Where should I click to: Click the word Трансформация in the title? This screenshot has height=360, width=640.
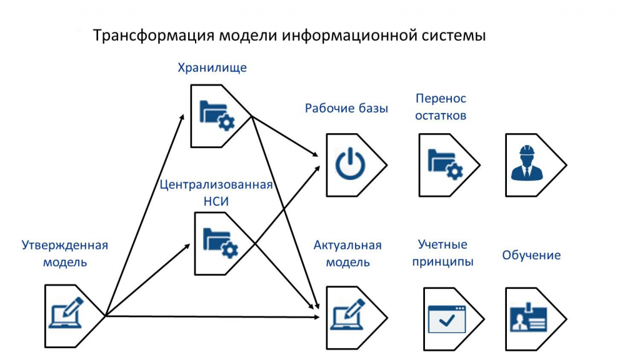coord(154,36)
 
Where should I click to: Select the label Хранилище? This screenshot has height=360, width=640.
coord(212,67)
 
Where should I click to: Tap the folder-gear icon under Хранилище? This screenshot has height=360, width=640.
coord(217,116)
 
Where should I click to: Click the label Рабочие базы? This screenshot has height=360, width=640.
coord(346,108)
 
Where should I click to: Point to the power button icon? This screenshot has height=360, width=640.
coord(350,164)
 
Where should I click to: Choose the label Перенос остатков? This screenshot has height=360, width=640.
coord(441,107)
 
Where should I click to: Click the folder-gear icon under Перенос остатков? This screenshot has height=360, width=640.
coord(445,164)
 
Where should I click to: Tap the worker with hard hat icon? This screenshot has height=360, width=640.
coord(527,162)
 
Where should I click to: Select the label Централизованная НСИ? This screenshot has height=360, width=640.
coord(216,192)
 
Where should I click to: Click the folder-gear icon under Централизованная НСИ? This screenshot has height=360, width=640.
coord(221,243)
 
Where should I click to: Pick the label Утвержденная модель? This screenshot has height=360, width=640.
coord(65,254)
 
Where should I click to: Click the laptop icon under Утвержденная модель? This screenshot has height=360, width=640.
coord(66,313)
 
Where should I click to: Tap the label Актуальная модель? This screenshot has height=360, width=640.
coord(347,254)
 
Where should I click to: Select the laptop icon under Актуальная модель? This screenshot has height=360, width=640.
coord(347,314)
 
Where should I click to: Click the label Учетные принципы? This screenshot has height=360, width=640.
coord(442,252)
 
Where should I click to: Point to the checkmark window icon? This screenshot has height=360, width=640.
coord(447,319)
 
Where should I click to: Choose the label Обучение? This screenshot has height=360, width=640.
coord(531,255)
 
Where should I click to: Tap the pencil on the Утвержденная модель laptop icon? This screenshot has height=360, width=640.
coord(74,306)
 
